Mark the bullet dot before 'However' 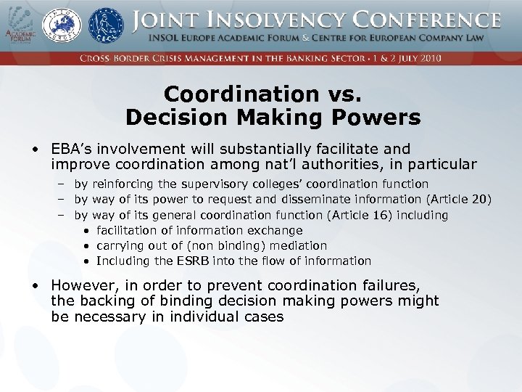click(x=35, y=286)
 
